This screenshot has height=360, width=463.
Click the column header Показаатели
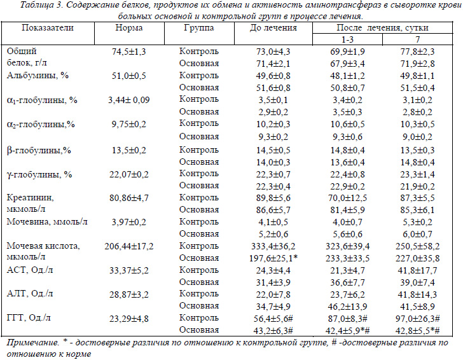coord(48,28)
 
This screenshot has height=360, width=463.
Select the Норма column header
coord(129,28)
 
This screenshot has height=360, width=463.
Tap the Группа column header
coord(199,28)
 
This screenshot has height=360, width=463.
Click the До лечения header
coord(273,28)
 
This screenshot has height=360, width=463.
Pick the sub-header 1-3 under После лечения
coord(347,39)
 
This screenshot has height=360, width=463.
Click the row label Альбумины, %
coord(38,76)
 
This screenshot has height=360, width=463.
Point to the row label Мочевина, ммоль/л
coord(47,222)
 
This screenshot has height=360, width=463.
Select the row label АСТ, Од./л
coord(30,270)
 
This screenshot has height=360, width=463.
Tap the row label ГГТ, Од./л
coord(29,319)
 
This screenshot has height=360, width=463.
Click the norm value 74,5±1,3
coord(128,52)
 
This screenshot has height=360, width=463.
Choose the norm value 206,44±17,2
coord(129,246)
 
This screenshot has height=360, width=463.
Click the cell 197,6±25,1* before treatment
coord(273,258)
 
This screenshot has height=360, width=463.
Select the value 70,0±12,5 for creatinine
coord(347,198)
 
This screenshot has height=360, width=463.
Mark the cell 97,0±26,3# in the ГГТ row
coord(418,319)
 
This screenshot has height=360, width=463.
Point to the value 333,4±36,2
coord(273,246)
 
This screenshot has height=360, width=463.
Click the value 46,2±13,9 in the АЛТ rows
coord(347,307)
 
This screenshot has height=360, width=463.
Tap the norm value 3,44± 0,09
coord(128,100)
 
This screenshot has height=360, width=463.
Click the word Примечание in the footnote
coord(32,343)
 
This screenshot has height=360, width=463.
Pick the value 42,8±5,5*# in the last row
coord(418,331)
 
